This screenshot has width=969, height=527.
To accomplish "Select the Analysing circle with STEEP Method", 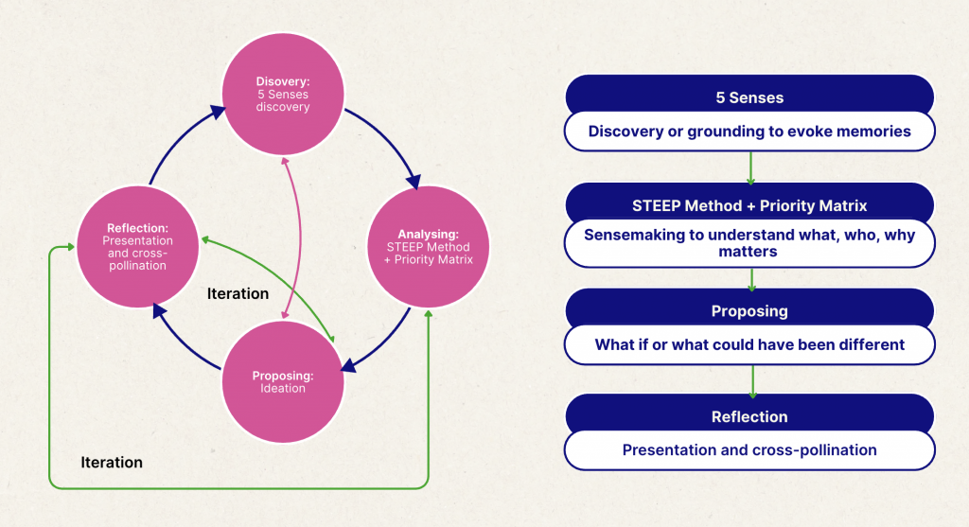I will (x=427, y=245).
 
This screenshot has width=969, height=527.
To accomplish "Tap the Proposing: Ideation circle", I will (x=281, y=381).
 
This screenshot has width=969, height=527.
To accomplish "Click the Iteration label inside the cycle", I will (x=238, y=293).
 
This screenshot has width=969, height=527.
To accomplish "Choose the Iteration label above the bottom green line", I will (x=112, y=462).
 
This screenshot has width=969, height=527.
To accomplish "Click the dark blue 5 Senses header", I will (x=749, y=97).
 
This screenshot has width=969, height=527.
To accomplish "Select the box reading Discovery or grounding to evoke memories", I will (x=749, y=132).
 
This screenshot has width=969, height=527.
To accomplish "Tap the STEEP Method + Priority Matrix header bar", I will (x=749, y=205).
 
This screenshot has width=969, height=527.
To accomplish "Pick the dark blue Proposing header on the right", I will (x=749, y=310).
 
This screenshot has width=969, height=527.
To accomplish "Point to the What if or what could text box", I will (x=749, y=344).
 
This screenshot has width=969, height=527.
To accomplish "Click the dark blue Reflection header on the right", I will (x=749, y=416).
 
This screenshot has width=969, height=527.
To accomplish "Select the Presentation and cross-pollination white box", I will (x=749, y=450).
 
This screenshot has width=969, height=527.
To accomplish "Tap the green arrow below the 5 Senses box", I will (x=750, y=167).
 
